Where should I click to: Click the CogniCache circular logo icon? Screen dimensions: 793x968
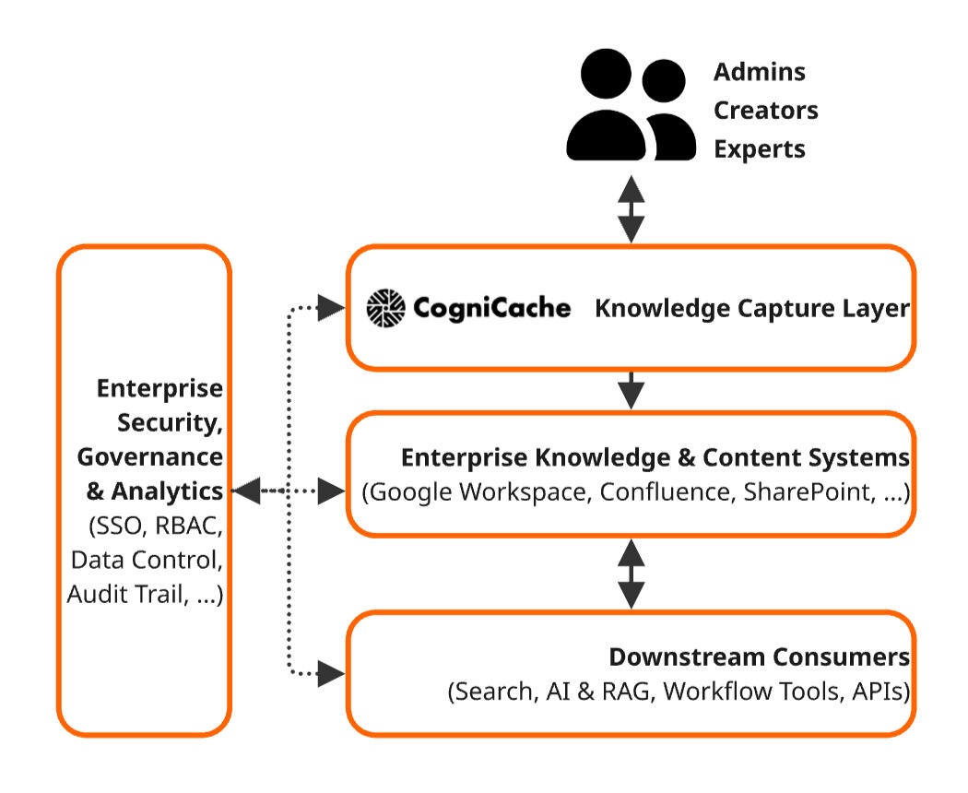click(x=386, y=308)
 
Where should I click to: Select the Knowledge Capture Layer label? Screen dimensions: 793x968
click(x=751, y=309)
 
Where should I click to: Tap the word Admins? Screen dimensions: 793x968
click(x=760, y=72)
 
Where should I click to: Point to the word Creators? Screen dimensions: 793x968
click(x=766, y=111)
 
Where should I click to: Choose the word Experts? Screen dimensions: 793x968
click(x=760, y=149)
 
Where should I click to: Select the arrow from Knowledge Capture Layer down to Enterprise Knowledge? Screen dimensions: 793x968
click(x=631, y=390)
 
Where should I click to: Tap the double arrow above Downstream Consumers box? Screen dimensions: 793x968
click(x=631, y=573)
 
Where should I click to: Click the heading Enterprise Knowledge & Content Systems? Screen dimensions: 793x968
click(x=655, y=458)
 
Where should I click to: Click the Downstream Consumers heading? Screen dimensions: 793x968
click(x=759, y=657)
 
